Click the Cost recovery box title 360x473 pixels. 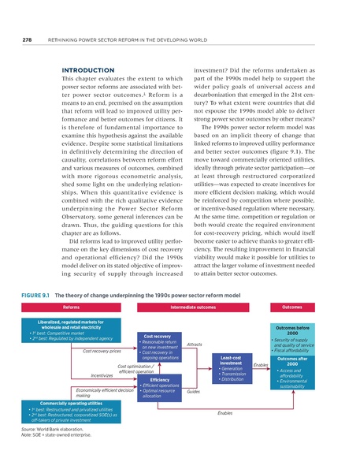(155, 336)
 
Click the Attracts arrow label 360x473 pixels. (195, 344)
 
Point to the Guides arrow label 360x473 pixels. (194, 391)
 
